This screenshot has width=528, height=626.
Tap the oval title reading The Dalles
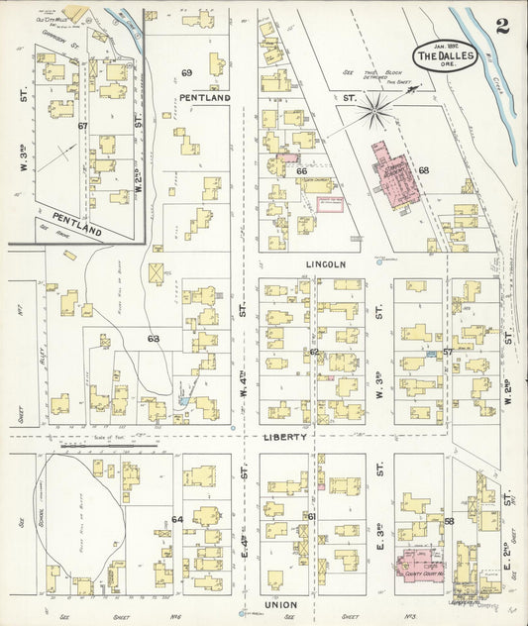click(x=440, y=55)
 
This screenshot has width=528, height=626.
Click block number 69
click(x=186, y=73)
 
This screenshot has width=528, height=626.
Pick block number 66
click(x=301, y=170)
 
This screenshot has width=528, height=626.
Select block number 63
click(x=153, y=340)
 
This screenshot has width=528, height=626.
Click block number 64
click(x=177, y=519)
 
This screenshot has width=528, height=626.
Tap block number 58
click(x=448, y=521)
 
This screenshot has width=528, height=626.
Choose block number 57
click(x=447, y=352)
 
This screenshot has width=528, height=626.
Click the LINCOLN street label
click(x=325, y=264)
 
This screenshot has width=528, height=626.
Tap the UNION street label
click(x=280, y=603)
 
